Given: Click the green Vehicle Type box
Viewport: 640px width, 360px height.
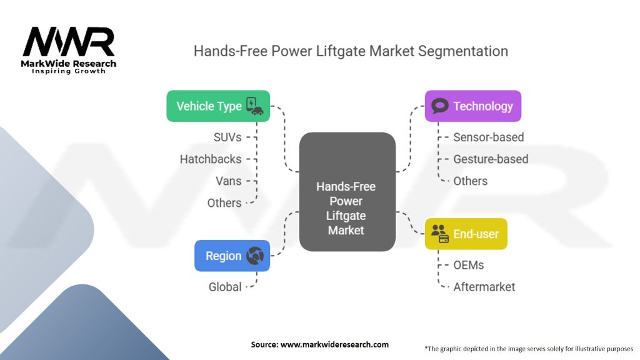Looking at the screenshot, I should click(x=218, y=106).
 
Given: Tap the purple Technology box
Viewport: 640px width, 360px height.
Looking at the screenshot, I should click(x=472, y=106).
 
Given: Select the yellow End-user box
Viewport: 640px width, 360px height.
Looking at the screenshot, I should click(x=466, y=234).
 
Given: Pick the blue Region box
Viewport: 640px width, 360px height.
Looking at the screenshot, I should click(x=232, y=256).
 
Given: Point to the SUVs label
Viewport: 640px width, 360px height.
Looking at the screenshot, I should click(x=227, y=137).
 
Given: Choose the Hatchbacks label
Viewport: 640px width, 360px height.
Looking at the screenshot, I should click(x=211, y=159).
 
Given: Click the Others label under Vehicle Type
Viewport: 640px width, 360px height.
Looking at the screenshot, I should click(x=224, y=202).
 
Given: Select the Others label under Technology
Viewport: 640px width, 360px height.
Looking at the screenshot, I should click(x=470, y=181).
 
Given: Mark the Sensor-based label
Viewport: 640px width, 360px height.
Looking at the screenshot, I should click(x=488, y=137).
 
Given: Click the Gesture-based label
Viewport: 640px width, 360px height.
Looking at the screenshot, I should click(x=491, y=159).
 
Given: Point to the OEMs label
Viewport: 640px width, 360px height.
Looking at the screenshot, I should click(x=468, y=265).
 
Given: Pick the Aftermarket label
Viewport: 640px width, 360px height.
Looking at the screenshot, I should click(x=484, y=287).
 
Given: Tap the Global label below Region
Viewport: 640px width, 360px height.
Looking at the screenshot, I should click(x=225, y=287).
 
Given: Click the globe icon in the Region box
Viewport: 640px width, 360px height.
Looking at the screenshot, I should click(x=255, y=256).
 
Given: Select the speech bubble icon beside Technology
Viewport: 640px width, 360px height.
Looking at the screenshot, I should click(x=440, y=106).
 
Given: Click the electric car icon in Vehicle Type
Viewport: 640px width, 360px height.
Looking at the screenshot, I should click(x=254, y=106).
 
